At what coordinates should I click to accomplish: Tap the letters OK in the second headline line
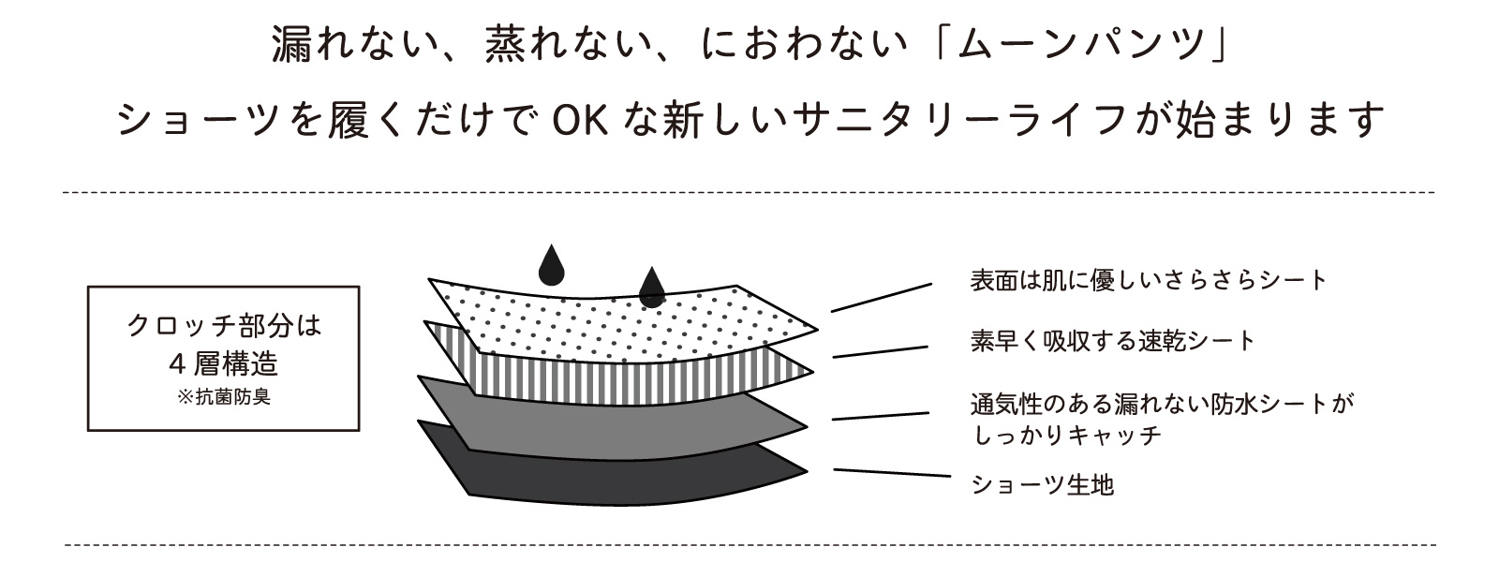(x=581, y=121)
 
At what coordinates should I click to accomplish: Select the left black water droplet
(x=552, y=265)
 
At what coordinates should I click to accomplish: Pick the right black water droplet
(x=652, y=287)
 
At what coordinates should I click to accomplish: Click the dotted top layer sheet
(x=622, y=322)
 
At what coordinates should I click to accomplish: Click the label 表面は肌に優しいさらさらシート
(x=1149, y=280)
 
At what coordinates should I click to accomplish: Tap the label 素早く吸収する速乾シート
(x=1112, y=341)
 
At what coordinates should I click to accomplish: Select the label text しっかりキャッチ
(x=1067, y=436)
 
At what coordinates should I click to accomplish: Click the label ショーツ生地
(x=1043, y=483)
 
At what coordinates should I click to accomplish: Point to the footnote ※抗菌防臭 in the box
(x=224, y=397)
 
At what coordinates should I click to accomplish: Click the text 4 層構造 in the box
(x=224, y=364)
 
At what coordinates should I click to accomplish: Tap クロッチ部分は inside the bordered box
(x=224, y=325)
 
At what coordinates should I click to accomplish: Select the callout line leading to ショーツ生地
(x=892, y=473)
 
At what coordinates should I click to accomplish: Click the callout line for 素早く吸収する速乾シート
(x=880, y=352)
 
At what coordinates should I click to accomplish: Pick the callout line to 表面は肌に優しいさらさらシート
(x=882, y=298)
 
